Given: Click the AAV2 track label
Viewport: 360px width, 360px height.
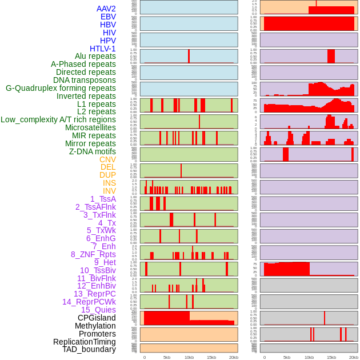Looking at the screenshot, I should point(106,9).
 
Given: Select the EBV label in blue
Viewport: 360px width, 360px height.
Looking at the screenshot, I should point(108,17).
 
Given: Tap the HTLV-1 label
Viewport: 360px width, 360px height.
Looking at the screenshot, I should point(102,49).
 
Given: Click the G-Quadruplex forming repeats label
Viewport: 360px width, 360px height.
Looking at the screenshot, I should point(61,88).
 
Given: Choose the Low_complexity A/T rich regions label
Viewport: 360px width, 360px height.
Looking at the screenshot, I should point(58,119).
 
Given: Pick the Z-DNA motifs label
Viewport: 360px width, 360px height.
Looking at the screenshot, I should point(93,151).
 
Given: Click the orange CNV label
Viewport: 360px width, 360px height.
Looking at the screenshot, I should point(107,159).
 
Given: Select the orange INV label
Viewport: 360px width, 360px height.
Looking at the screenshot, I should point(109,191).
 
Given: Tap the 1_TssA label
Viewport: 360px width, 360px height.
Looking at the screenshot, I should point(103,199).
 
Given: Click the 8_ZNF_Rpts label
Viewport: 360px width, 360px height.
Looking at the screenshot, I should point(93,254).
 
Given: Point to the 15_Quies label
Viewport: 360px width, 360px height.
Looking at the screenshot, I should point(98,310).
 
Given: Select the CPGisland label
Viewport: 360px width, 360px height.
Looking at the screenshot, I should point(97,318).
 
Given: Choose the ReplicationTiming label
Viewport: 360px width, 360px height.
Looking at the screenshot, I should point(85,342).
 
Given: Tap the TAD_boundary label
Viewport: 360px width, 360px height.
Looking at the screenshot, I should point(89,349).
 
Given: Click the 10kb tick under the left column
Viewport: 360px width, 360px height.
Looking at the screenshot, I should point(189,357).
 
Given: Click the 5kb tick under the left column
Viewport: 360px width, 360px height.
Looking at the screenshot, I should point(166,357).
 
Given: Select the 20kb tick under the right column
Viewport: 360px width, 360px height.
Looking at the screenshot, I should point(354,357).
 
